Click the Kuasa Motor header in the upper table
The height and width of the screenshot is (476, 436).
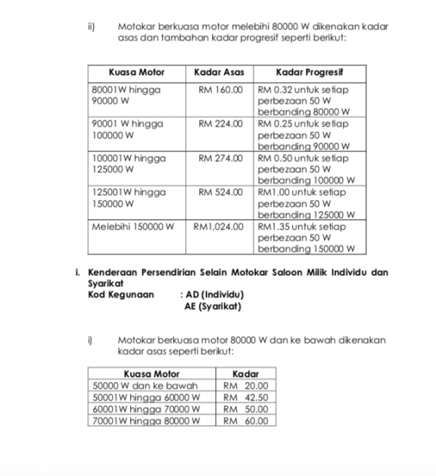point(136,72)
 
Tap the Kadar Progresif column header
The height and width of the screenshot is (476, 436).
point(310,72)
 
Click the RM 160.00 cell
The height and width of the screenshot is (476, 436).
point(219,90)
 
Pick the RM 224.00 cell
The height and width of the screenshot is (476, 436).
point(219,124)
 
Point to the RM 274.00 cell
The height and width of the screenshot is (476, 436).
point(219,158)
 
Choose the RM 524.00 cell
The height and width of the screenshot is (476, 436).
point(219,192)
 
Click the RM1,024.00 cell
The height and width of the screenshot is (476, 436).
point(218,226)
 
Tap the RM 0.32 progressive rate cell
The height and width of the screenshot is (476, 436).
point(304,101)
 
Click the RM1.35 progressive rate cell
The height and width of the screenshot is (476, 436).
point(306,237)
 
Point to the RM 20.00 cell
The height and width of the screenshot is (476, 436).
point(246,386)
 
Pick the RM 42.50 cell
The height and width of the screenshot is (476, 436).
point(246,397)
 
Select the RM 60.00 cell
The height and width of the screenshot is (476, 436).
point(246,421)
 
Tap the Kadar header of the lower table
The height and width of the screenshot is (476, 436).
point(246,373)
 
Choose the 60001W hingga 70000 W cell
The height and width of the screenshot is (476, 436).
point(146,409)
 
